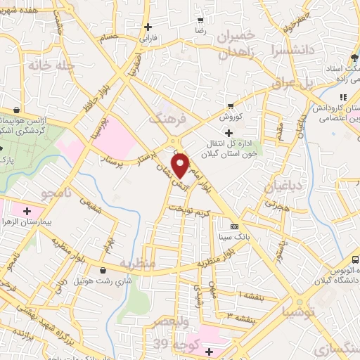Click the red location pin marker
pos(181,165)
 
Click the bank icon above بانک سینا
pos(233,226)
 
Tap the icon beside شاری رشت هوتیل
pos(103,270)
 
